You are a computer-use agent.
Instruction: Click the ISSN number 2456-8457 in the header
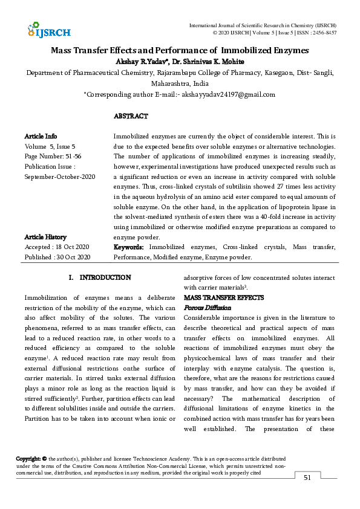coord(323,33)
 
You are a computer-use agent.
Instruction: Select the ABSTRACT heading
coord(131,116)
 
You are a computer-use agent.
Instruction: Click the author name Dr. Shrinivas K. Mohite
coord(210,62)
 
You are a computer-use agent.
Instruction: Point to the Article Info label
coord(41,137)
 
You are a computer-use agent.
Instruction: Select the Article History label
coord(45,237)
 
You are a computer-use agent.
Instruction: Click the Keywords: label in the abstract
coord(129,247)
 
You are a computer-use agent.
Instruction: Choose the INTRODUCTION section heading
coord(105,277)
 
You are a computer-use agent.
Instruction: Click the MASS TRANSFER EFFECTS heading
coord(224,298)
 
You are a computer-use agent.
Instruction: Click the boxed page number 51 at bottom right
coord(307,478)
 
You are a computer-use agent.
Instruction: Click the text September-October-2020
coord(60,177)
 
